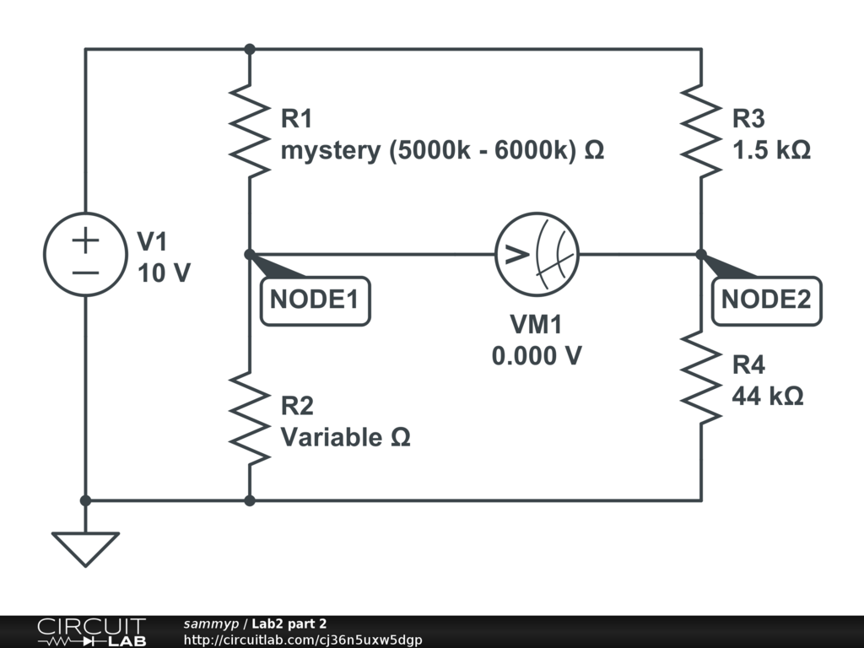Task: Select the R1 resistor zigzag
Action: click(x=250, y=131)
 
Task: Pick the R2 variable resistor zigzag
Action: click(x=250, y=418)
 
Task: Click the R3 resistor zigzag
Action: click(x=701, y=131)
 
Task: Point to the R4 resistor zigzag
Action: click(x=701, y=377)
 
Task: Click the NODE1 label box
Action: click(x=316, y=301)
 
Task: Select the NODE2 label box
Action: click(x=766, y=301)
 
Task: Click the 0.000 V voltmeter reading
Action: click(x=537, y=356)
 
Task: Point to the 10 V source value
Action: click(x=164, y=273)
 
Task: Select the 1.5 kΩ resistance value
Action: click(x=771, y=150)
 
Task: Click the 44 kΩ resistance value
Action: click(x=768, y=397)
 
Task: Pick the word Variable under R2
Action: click(x=332, y=437)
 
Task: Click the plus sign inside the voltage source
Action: click(x=85, y=240)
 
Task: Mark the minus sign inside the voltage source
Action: click(x=85, y=273)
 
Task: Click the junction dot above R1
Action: click(x=250, y=49)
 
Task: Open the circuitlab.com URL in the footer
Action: click(x=303, y=640)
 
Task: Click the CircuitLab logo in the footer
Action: click(x=92, y=632)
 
